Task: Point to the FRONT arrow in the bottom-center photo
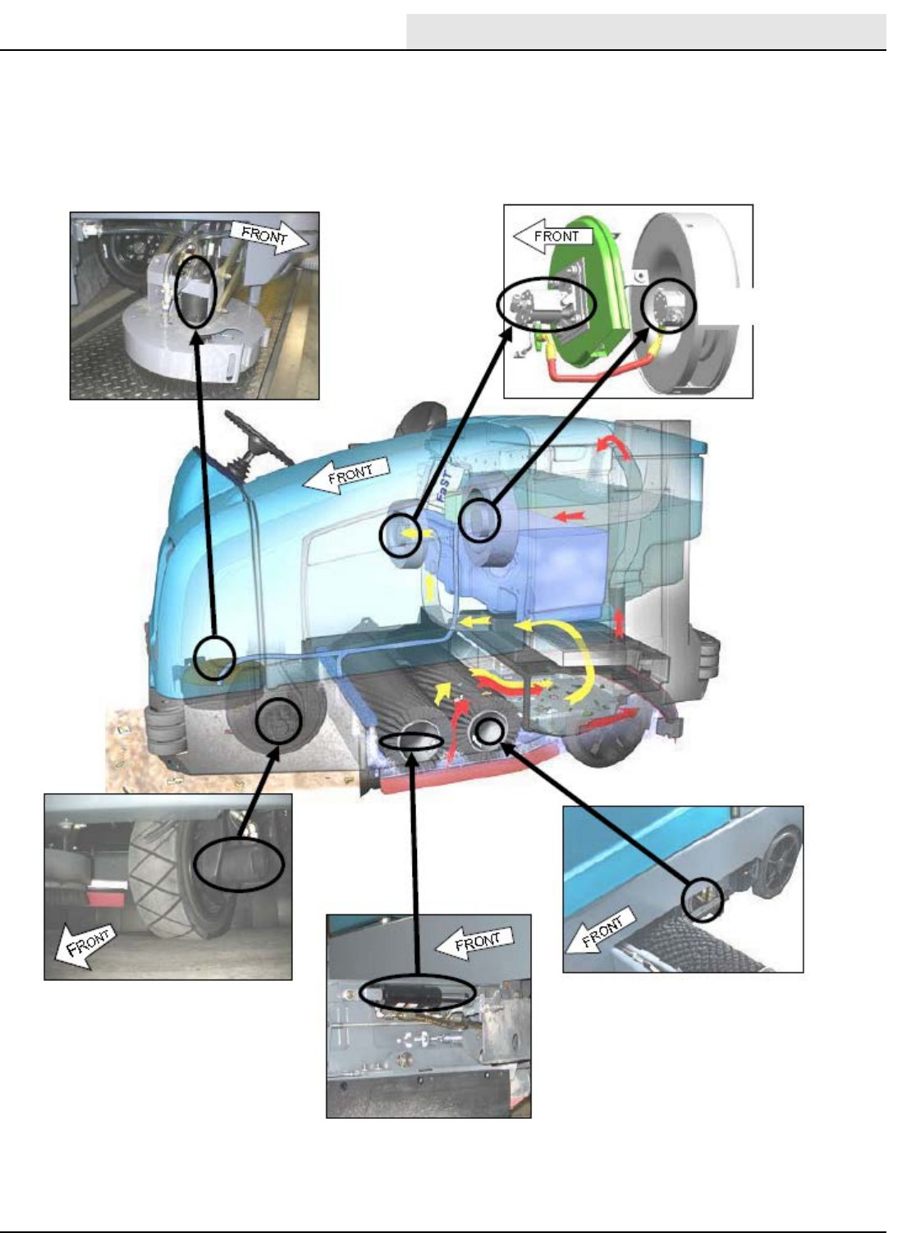(474, 942)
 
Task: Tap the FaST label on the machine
(445, 485)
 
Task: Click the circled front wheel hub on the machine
(279, 720)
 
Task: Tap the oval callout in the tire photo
(239, 864)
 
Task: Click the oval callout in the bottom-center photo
(418, 993)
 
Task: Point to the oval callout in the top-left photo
(197, 291)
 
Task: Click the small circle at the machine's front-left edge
(215, 657)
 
